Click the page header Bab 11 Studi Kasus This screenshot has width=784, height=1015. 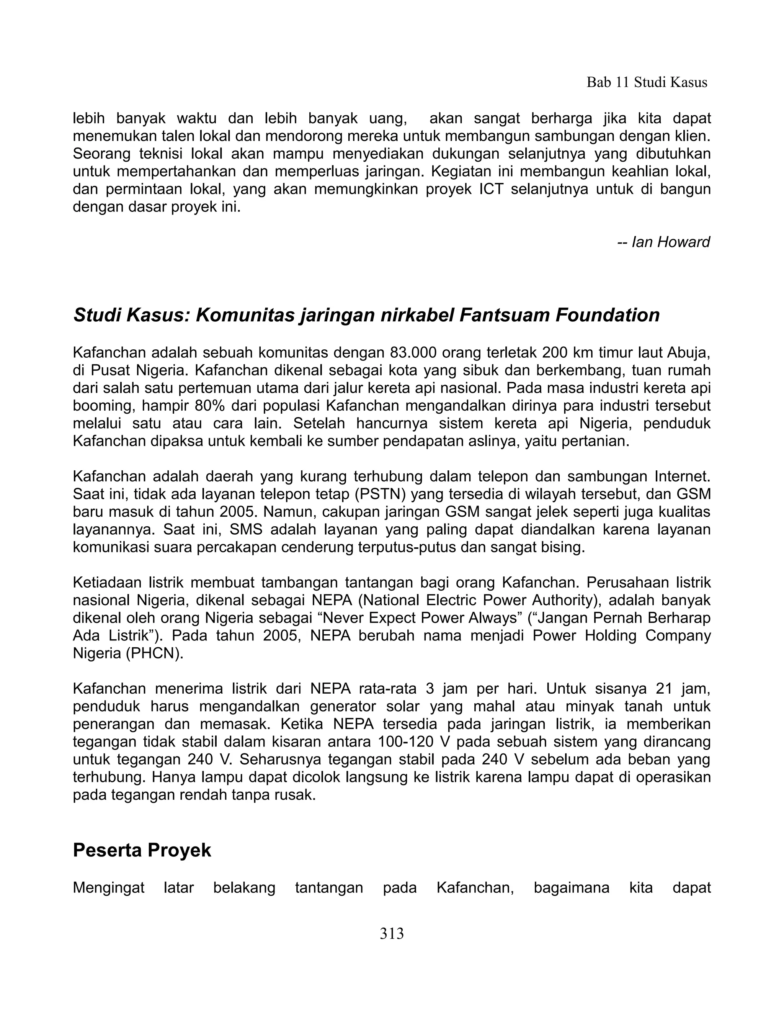tap(647, 83)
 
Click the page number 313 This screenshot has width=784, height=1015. tap(392, 933)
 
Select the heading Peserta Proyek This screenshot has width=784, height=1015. tap(142, 850)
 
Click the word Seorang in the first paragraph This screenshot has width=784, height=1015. tap(101, 154)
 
